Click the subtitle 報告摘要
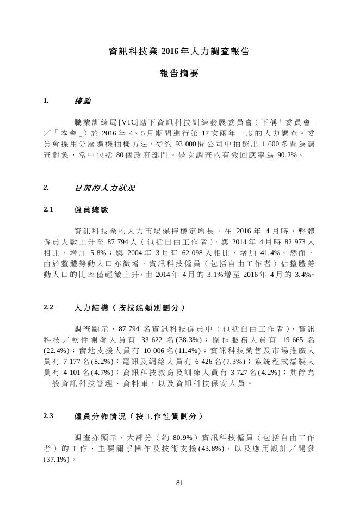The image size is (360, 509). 179,73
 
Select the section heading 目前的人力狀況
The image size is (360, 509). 104,189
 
